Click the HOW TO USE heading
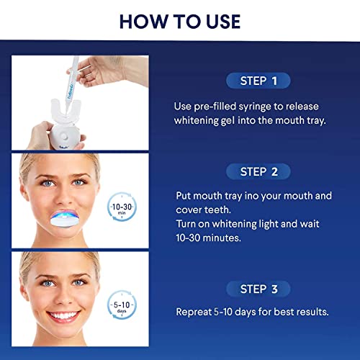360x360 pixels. click(x=180, y=19)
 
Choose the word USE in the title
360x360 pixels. click(x=215, y=19)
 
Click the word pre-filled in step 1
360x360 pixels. click(x=210, y=105)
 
